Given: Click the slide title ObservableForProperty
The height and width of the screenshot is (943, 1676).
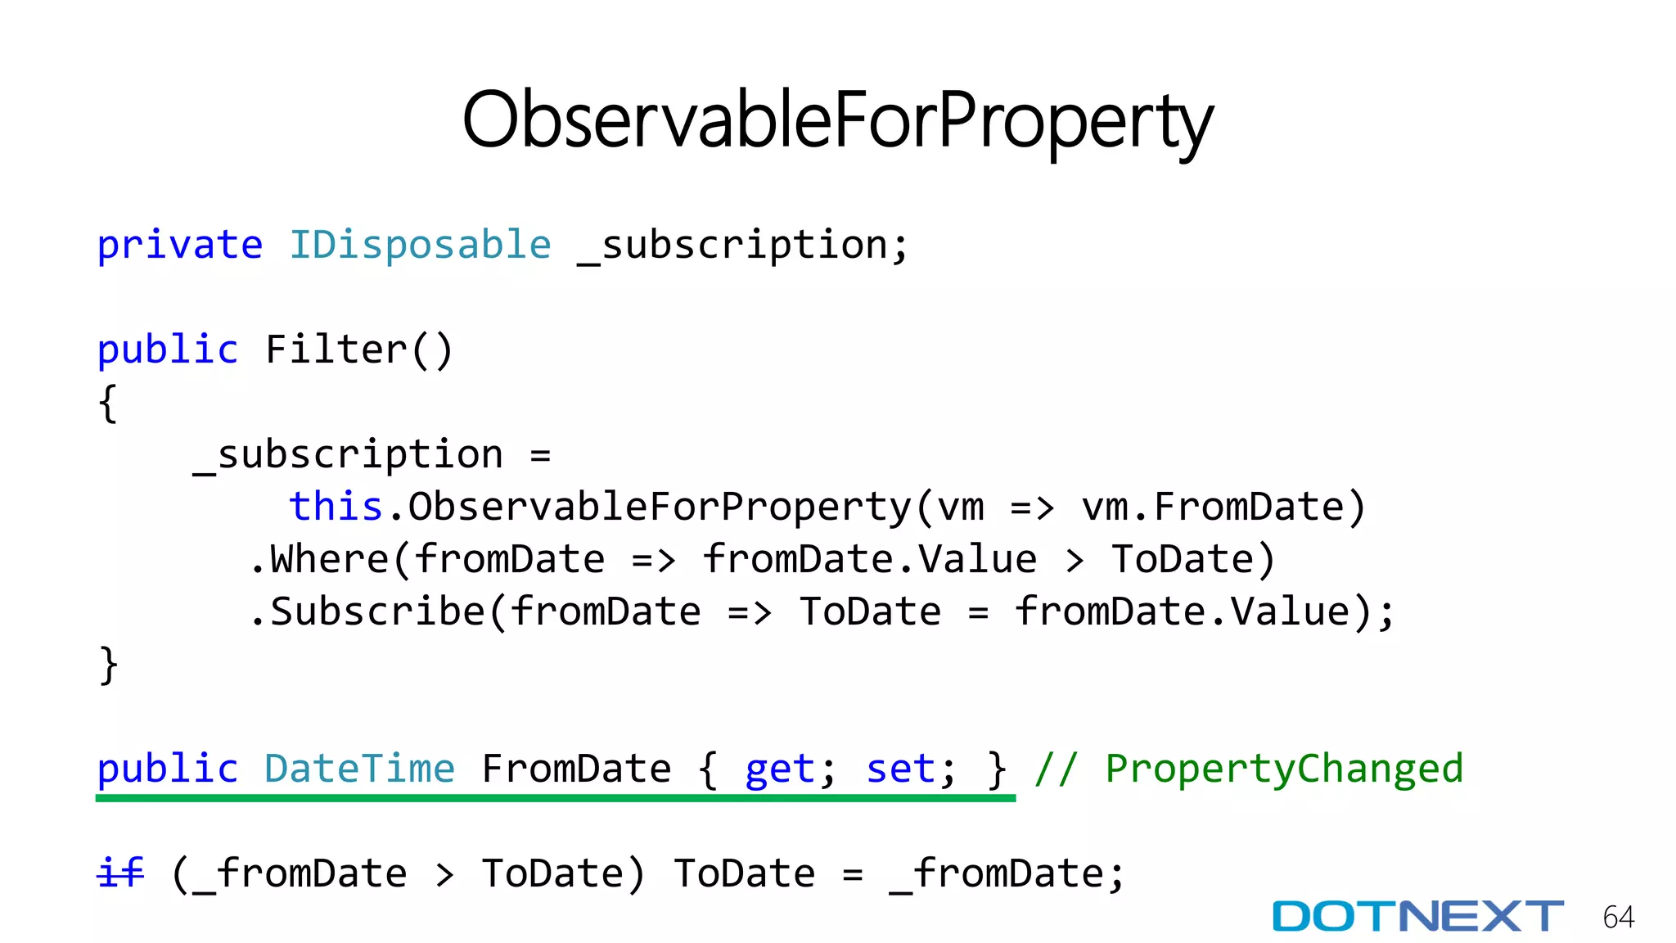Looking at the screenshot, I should tap(837, 121).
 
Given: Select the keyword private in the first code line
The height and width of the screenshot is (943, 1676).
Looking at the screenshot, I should tap(180, 245).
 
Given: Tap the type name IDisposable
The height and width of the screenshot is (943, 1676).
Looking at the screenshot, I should tap(421, 245).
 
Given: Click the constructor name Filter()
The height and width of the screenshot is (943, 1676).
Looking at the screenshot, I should tap(358, 350).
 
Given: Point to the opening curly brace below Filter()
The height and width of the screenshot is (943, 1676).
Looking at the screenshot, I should tap(108, 403).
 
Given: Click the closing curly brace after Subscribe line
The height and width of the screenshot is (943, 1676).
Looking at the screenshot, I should tap(108, 665).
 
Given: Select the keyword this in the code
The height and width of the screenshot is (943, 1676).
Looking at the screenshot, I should tap(336, 507).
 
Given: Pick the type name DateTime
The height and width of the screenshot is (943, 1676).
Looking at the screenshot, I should tap(359, 769).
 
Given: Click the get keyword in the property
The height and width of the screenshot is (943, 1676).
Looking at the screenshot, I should tap(779, 770).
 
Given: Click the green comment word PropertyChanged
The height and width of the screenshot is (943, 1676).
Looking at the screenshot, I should tap(1284, 769).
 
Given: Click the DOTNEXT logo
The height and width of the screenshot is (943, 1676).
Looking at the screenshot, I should tap(1417, 916).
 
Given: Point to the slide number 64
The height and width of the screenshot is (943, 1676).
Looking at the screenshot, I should tap(1619, 917).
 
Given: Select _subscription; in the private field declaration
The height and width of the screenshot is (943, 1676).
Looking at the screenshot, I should tap(743, 245).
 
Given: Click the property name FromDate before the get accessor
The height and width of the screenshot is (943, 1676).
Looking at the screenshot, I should tap(576, 769).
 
